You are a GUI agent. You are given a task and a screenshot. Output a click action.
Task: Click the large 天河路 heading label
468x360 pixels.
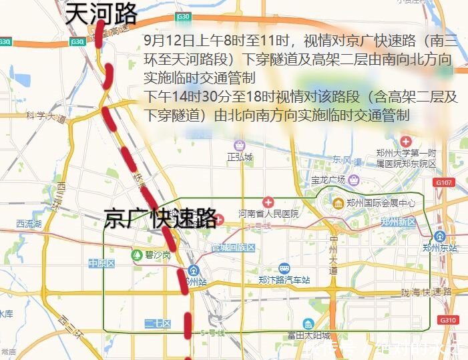[x=101, y=14]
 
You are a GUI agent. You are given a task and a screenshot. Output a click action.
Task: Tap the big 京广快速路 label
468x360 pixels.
[x=160, y=218]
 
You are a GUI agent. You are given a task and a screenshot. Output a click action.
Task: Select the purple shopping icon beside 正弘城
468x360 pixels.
[x=240, y=145]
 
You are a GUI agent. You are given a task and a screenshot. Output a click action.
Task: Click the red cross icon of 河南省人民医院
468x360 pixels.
[x=268, y=202]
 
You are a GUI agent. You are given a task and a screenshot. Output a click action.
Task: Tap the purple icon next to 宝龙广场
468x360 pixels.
[x=353, y=180]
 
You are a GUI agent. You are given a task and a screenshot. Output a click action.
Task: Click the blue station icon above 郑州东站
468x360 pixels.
[x=440, y=236]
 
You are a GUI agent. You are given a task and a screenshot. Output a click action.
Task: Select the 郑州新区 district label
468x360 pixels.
[x=397, y=222]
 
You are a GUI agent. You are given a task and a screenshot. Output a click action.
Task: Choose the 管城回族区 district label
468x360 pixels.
[x=234, y=248]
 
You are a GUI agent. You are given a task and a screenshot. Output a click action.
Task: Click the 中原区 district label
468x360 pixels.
[x=102, y=263]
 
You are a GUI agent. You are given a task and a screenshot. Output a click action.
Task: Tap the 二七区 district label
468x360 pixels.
[x=158, y=324]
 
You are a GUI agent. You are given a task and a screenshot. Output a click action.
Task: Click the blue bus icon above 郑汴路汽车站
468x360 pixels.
[x=284, y=268]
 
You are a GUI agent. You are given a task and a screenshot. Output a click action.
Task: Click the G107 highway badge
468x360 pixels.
[x=443, y=182]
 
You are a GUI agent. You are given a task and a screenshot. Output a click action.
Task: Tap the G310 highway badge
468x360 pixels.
[x=449, y=321]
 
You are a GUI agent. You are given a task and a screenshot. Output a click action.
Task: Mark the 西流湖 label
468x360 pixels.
[x=29, y=224]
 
